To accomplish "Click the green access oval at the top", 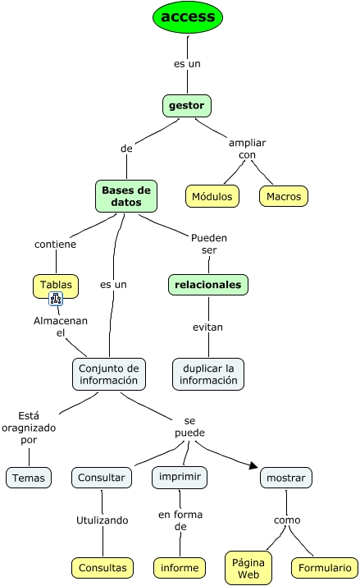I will coord(188,17).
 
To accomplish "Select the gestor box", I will coord(187,106).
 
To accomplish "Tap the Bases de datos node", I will coord(126,196).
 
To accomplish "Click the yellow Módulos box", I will coord(212,196).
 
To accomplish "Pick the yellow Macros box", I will coord(284,196).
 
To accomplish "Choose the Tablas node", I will coord(57,285).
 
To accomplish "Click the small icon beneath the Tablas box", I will coord(57,299).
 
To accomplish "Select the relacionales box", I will coord(208,285).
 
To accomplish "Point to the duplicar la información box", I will coord(208,373).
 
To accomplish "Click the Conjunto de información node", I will coord(110,373).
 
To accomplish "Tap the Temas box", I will coord(29,478).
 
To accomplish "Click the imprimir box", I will coord(180,477).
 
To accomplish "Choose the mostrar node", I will coord(286,478).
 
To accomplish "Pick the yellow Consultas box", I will coord(103,567).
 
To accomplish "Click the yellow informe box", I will coord(180,567).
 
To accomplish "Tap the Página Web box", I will coord(248,566).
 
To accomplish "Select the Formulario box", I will coord(324,567).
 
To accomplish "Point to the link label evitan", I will coord(208,327).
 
